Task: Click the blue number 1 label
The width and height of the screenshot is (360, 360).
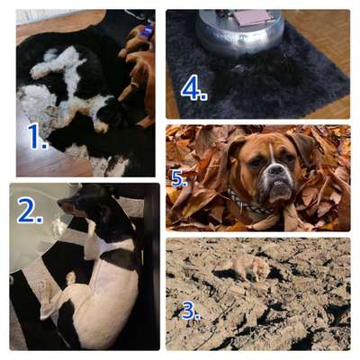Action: tap(37, 136)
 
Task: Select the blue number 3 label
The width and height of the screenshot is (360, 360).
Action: tap(190, 311)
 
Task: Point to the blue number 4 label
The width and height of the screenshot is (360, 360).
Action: tap(193, 87)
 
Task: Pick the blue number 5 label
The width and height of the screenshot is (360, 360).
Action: tap(179, 178)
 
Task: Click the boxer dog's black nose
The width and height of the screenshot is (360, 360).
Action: tap(274, 170)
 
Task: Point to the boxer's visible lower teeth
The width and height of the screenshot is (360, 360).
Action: tap(279, 183)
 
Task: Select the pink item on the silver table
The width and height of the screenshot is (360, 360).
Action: tap(251, 17)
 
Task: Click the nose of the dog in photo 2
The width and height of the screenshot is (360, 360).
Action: tap(59, 202)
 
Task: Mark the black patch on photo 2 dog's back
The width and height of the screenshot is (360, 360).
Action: tap(121, 258)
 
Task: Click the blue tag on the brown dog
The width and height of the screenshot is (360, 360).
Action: tap(148, 31)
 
